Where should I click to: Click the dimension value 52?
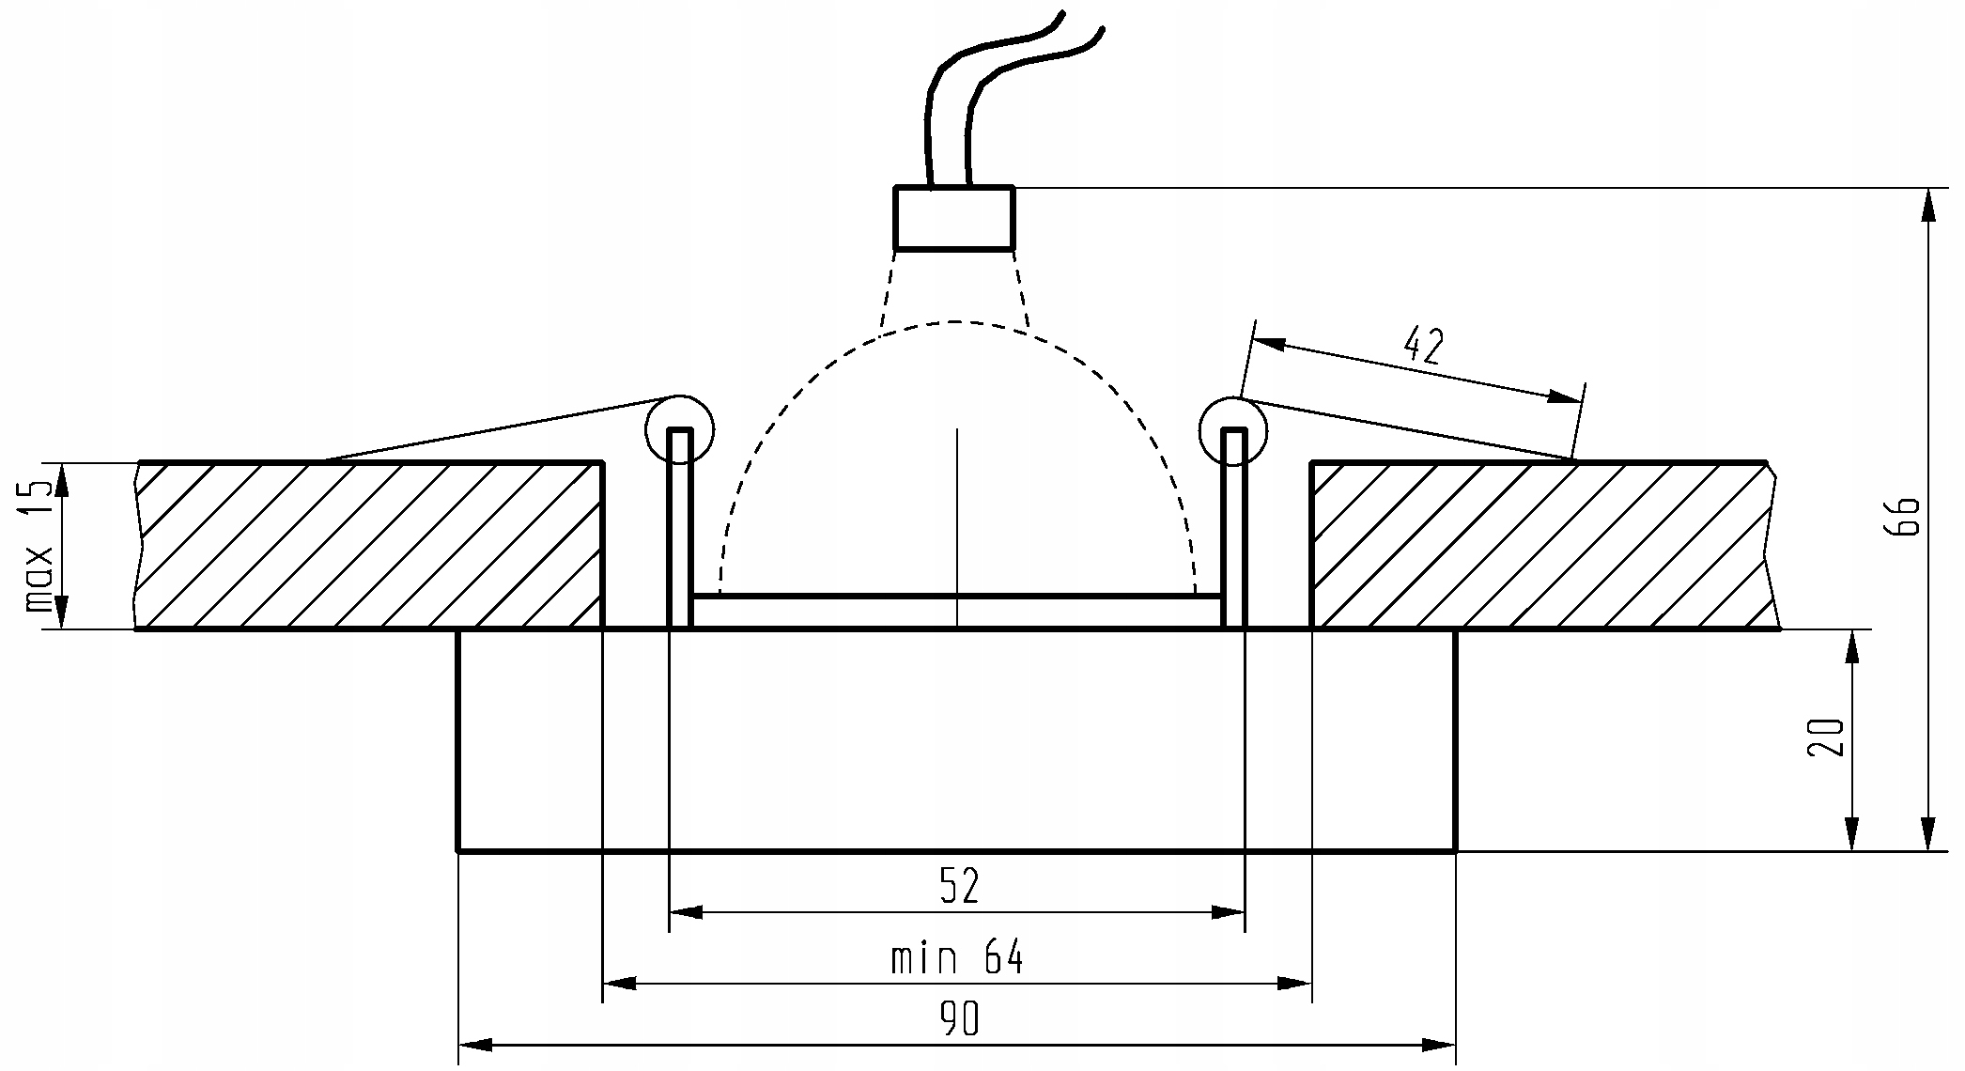click(959, 886)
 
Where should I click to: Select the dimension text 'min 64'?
click(956, 958)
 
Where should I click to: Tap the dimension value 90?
click(959, 1019)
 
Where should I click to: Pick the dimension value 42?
click(1423, 348)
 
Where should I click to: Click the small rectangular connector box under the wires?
click(954, 218)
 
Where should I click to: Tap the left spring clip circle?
click(679, 430)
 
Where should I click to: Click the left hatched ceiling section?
click(369, 545)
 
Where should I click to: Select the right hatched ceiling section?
click(1545, 545)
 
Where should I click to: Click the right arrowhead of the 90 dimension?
click(1439, 1045)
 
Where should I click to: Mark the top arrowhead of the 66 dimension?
click(1928, 205)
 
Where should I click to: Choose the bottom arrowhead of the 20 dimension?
click(1852, 834)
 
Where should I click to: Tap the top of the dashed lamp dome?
click(954, 322)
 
